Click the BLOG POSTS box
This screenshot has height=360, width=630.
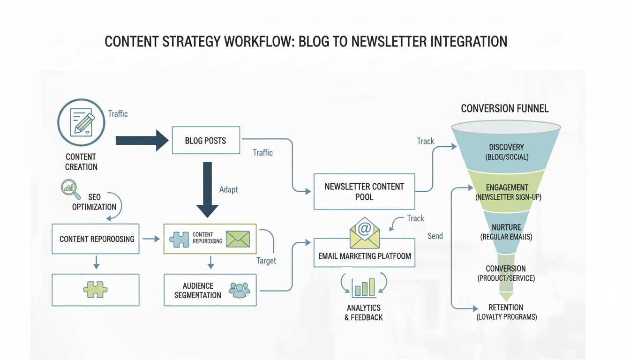point(206,140)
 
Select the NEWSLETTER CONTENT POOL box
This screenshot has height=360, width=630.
point(364,192)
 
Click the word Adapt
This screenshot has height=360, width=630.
point(228,189)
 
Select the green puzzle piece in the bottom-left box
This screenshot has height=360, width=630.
point(96,290)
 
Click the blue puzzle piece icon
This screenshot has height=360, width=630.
point(179,239)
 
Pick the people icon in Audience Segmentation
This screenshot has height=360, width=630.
point(239,290)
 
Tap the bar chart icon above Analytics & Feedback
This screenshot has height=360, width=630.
point(364,287)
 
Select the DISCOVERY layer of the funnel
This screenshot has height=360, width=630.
point(506,151)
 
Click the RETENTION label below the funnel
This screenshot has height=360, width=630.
point(506,307)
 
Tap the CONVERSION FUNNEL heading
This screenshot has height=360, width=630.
point(504,109)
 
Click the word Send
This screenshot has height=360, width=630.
point(435,236)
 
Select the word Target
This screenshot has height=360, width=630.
point(266,261)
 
